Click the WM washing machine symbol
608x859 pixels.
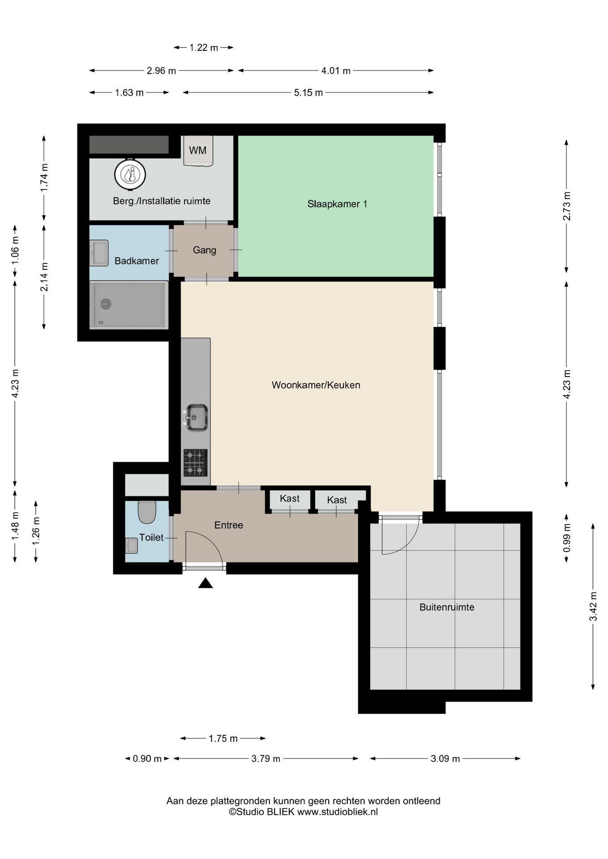click(198, 150)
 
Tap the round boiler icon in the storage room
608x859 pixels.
click(130, 174)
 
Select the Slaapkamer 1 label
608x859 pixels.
click(337, 204)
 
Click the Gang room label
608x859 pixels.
click(205, 250)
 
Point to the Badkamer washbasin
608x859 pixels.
click(98, 253)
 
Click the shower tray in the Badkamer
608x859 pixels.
click(129, 305)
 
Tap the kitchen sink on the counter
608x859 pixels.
click(196, 417)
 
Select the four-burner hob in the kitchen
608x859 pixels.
click(196, 463)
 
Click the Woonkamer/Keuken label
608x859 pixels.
click(316, 385)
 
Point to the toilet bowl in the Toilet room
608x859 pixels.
click(147, 512)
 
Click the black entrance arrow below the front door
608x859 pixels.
click(206, 583)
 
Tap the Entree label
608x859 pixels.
click(229, 525)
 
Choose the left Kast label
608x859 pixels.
click(290, 498)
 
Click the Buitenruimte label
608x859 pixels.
click(447, 608)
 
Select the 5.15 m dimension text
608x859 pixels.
click(308, 93)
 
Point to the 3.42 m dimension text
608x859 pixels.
click(593, 606)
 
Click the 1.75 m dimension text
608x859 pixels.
click(223, 739)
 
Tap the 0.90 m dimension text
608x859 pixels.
click(147, 759)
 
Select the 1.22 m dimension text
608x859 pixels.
click(204, 47)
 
